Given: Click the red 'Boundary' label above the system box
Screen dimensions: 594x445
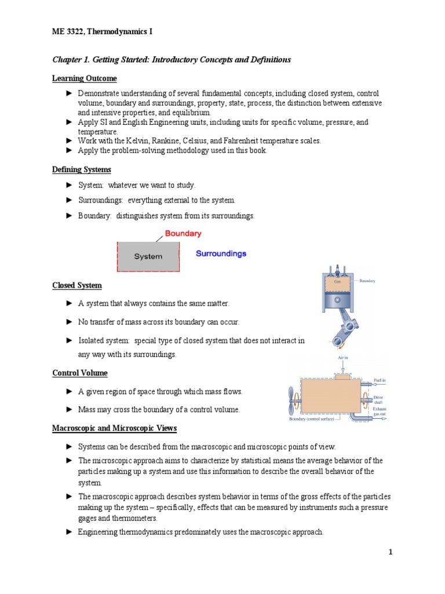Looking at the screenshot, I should [x=183, y=234].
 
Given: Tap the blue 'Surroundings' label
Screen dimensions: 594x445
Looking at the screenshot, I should [x=221, y=253].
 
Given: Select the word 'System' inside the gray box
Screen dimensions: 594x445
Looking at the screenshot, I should [x=148, y=256].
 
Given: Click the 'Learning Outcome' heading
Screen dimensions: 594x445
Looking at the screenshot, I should [x=85, y=78].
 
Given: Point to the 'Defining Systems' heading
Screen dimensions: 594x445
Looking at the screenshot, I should [x=82, y=170].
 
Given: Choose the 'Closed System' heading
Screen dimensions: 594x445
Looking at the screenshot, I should [x=77, y=285].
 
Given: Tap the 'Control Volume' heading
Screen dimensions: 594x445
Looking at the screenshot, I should [x=80, y=373].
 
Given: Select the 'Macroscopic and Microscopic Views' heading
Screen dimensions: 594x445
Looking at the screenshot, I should [x=114, y=429].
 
